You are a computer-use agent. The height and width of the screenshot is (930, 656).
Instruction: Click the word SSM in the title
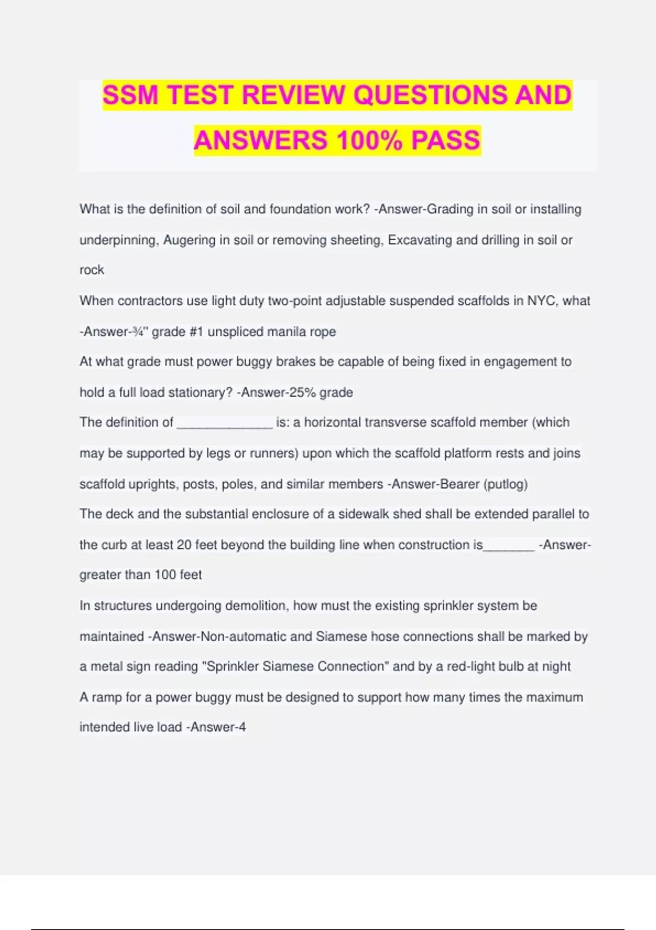point(130,95)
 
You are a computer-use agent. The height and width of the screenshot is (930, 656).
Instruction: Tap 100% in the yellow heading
point(369,140)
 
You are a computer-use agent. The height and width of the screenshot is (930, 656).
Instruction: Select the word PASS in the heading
point(446,140)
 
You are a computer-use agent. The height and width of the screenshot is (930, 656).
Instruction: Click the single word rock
point(92,270)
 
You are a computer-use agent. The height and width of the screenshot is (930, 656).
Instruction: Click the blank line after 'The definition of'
point(225,423)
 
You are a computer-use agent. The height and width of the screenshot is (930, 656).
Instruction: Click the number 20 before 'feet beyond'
point(184,545)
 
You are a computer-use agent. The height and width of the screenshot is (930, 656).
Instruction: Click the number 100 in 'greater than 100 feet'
point(165,575)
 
